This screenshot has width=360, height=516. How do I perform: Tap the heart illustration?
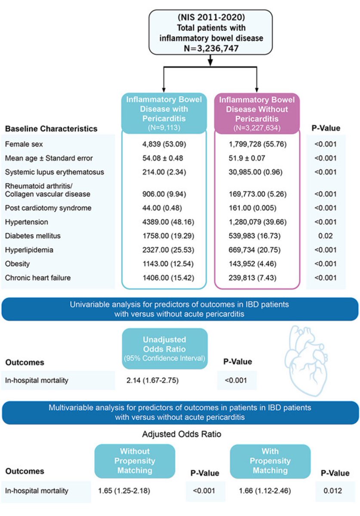[306, 356]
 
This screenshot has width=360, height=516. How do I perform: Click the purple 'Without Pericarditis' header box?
[257, 113]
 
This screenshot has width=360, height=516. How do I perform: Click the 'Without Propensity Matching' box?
[135, 461]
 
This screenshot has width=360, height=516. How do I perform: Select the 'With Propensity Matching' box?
[270, 461]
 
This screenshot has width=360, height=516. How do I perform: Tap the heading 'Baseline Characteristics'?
[51, 129]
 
